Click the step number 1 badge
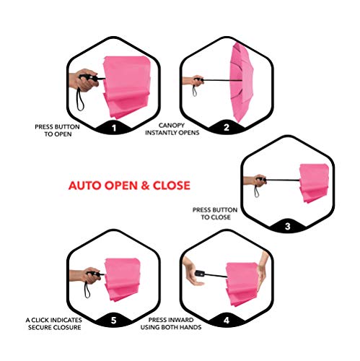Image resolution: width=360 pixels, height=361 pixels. point(114,128)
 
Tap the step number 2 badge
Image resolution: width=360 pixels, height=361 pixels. point(227,128)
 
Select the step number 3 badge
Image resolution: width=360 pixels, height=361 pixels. point(288,227)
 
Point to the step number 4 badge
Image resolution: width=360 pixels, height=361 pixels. point(227,321)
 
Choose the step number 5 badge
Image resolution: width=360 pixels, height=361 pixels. point(114,321)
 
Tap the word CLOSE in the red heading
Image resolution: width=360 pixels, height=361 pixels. point(172,186)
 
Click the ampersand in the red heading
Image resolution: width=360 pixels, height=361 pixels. point(145,186)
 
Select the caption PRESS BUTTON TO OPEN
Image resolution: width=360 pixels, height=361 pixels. point(57,131)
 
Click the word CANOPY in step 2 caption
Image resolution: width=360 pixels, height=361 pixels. point(172,126)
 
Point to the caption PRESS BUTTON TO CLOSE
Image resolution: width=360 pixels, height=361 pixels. point(215,214)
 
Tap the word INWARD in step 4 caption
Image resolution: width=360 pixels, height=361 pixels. point(181,320)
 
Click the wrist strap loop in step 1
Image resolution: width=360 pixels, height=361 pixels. point(79,100)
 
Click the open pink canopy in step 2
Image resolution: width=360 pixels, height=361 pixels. point(241,82)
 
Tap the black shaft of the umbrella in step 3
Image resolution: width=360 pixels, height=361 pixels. point(283,180)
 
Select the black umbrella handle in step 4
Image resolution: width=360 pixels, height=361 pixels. point(200,273)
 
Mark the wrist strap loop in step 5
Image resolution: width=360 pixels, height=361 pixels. point(87,290)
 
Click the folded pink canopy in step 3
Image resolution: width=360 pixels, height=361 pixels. point(314,183)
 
